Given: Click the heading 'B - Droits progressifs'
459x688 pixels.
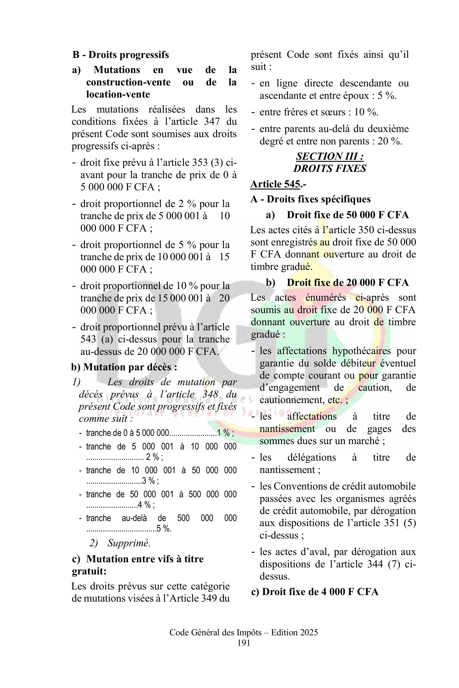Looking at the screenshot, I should tap(121, 55).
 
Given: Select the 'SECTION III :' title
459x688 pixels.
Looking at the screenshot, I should tap(330, 157).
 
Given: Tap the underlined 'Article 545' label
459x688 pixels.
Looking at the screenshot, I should tap(275, 184).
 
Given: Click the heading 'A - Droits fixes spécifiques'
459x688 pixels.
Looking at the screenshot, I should tap(310, 199).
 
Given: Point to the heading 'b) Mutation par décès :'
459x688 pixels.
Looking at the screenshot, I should tap(124, 367).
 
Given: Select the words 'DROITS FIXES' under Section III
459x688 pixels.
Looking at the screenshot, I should tap(330, 169).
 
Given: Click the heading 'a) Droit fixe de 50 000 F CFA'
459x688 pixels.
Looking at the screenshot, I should tap(337, 215).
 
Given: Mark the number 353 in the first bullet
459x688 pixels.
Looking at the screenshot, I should tap(200, 163).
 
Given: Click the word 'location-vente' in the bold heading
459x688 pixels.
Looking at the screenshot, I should tap(118, 94).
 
